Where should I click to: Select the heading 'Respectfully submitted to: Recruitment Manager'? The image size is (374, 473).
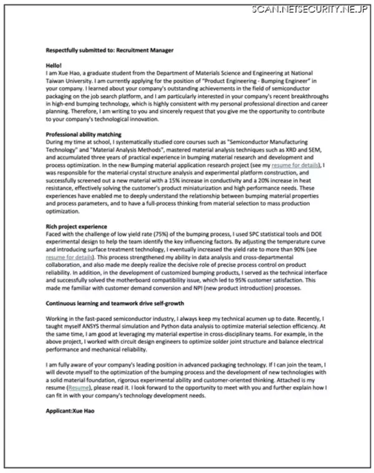point(110,50)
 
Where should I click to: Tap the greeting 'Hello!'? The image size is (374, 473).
point(55,65)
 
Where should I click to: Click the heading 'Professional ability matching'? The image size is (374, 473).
point(84,134)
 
